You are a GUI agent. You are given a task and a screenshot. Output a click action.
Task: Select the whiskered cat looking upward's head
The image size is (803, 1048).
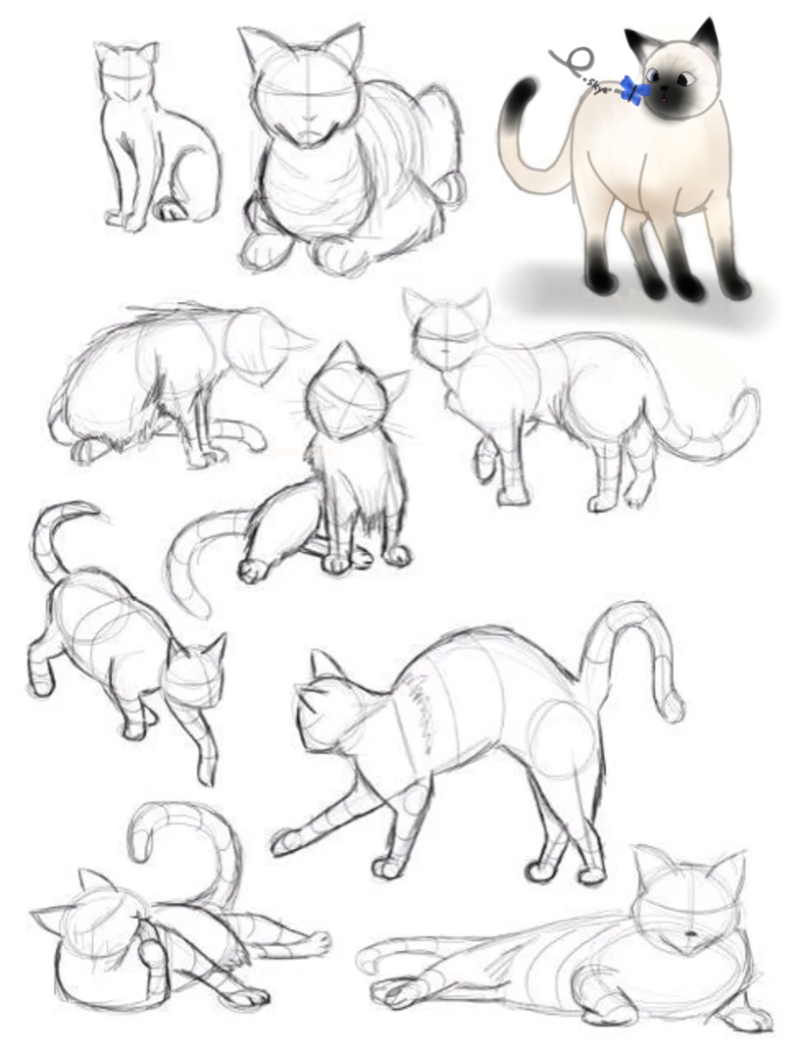[342, 397]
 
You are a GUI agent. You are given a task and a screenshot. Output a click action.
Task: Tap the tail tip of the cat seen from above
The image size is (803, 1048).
[88, 510]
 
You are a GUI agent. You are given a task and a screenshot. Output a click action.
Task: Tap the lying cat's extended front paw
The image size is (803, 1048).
[393, 992]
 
